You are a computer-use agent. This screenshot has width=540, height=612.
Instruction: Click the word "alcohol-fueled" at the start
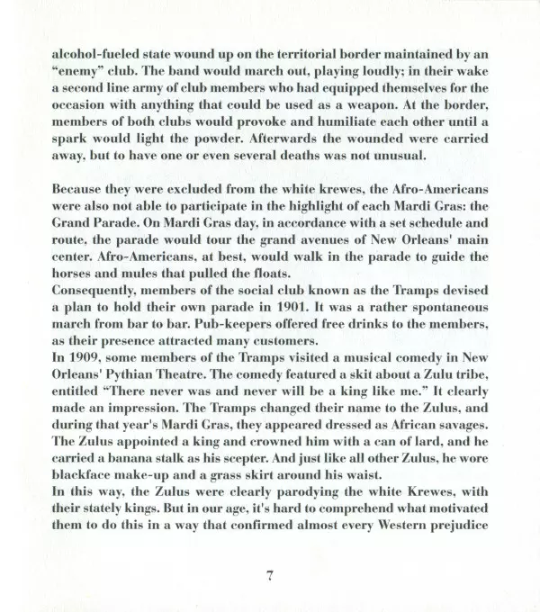pyautogui.click(x=88, y=53)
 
